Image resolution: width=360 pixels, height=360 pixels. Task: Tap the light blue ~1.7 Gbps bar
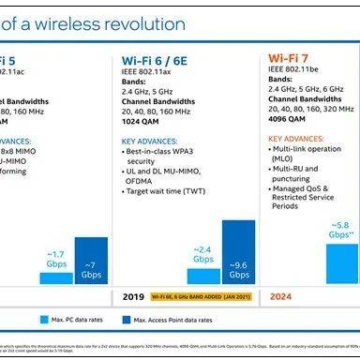point(56,277)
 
